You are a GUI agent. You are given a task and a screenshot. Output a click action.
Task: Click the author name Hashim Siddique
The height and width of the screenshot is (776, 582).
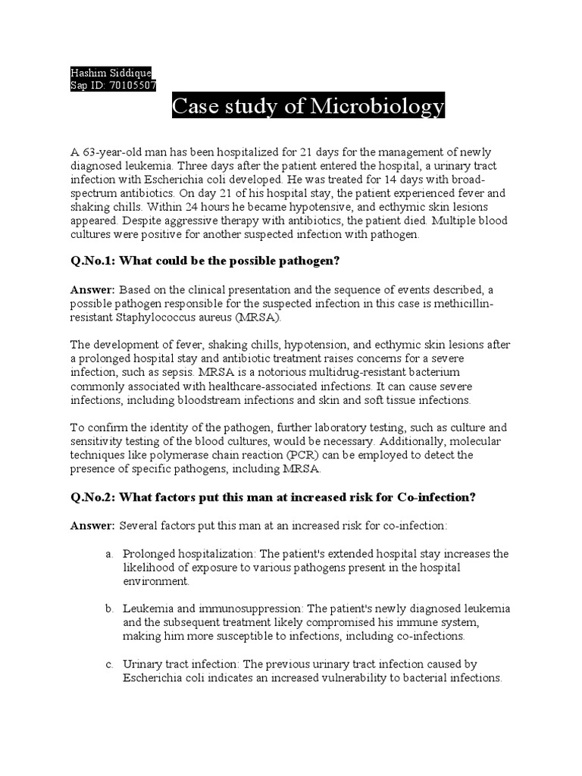click(x=111, y=74)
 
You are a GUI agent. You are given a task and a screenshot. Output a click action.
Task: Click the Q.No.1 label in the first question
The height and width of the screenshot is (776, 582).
click(x=92, y=261)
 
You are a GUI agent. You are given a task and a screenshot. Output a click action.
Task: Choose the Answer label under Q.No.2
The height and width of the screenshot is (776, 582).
click(x=92, y=524)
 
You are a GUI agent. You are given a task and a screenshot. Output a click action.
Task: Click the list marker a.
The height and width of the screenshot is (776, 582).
click(x=109, y=554)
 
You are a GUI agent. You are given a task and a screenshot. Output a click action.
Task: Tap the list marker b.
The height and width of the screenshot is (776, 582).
click(x=109, y=609)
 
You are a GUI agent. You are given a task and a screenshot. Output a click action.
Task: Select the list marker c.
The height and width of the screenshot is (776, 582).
click(x=109, y=664)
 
